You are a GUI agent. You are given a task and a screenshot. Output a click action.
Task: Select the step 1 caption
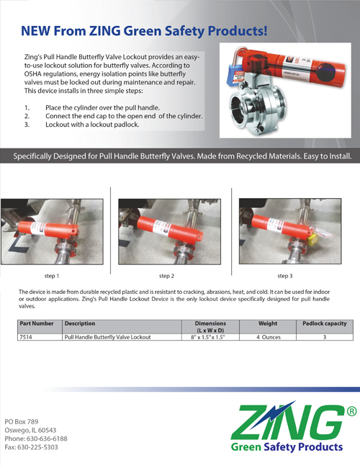coord(52,276)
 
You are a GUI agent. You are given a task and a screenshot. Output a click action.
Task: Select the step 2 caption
coord(168,276)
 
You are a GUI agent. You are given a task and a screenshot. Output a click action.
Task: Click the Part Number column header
coord(37,323)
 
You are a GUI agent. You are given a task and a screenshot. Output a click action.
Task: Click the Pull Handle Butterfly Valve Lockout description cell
coord(108,336)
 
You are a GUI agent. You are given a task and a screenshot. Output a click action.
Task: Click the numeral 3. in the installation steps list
coord(27,124)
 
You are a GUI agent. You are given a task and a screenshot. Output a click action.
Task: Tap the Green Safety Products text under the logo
coord(286,447)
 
